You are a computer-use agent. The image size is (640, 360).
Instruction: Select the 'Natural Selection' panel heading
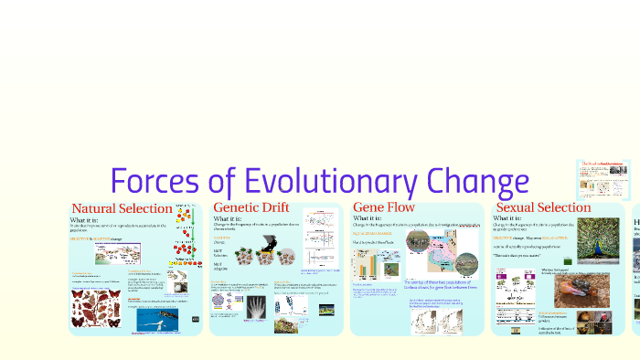[x=122, y=208]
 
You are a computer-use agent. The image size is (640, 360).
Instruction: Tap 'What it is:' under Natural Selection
[x=91, y=220]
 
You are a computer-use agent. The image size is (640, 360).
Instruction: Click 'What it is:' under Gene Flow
[x=368, y=219]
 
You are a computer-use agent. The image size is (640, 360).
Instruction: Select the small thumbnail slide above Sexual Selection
[x=603, y=179]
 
